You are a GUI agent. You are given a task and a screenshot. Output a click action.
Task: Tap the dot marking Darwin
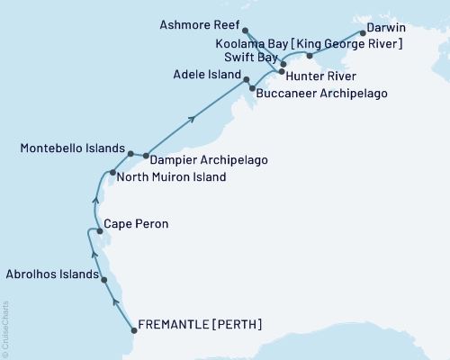pos(362,32)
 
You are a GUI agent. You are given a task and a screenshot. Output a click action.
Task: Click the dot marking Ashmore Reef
pos(246,31)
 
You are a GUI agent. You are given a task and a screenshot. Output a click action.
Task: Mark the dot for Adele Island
pos(247,80)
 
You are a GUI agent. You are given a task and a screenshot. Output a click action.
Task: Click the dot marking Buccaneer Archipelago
pos(252,88)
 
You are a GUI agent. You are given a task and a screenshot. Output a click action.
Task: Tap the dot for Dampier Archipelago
pos(146,156)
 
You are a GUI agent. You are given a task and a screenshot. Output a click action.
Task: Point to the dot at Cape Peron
pos(99,231)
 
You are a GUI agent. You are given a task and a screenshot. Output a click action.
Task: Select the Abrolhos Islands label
pos(52,273)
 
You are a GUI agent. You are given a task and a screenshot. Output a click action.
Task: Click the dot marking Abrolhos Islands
pos(105,280)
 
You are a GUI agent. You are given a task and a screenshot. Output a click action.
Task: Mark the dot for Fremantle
pos(134,329)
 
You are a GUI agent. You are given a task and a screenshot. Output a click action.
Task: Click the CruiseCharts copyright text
pos(4,329)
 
